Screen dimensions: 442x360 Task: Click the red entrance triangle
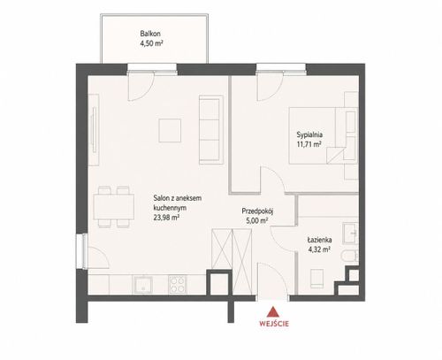pos(273,312)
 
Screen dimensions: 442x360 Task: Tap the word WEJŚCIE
pos(274,324)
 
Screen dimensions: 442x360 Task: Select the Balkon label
pos(150,34)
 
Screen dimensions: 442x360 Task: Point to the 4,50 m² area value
pos(151,43)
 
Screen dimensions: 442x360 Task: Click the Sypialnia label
pos(309,134)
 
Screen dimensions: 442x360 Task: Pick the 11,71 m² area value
pos(309,144)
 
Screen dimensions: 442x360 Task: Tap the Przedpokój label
pos(258,211)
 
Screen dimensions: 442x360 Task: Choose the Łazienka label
pos(319,240)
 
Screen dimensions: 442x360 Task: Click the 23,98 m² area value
pos(166,218)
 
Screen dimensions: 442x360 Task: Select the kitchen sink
pos(142,285)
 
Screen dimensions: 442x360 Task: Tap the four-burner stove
pos(178,285)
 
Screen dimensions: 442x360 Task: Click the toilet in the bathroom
pos(351,256)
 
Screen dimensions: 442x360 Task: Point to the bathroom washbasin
pos(351,233)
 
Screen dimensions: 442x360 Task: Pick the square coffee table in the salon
pos(170,130)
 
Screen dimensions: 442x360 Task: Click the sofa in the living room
pos(210,129)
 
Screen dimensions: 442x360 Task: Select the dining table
pos(114,207)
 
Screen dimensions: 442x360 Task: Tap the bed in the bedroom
pos(324,135)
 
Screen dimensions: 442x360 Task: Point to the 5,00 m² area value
pos(257,220)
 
